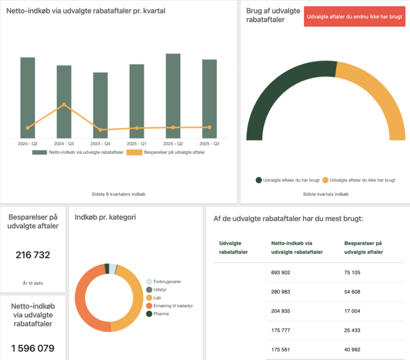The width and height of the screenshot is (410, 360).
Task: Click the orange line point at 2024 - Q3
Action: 64,105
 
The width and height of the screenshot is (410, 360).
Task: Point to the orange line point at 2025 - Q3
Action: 209,127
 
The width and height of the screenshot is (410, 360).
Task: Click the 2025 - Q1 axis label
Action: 137,144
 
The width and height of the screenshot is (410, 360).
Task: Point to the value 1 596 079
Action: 33,348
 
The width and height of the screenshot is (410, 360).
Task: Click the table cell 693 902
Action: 280,273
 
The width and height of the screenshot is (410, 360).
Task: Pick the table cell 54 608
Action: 356,292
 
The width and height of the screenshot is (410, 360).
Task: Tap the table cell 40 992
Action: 356,349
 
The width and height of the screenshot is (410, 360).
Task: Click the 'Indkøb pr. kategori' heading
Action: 105,217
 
